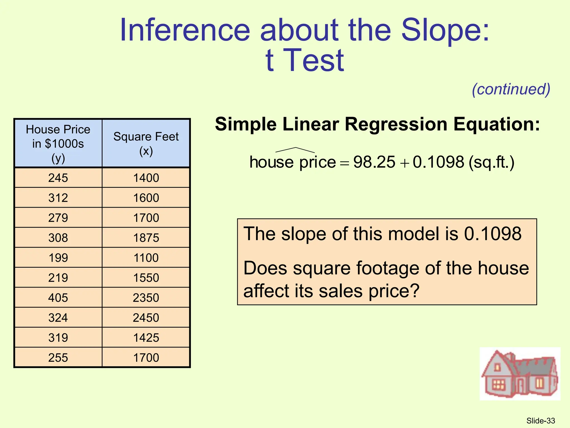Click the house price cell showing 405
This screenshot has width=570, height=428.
58,298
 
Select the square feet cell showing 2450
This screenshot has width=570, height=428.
146,318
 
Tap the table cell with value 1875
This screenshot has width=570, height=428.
146,238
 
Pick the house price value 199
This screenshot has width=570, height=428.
58,258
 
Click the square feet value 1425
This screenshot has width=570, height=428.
146,338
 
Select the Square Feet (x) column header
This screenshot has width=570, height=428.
146,143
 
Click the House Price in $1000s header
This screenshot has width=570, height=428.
58,143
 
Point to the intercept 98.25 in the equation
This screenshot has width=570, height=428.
374,162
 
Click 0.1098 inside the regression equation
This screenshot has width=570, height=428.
438,162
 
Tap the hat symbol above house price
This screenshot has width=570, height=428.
295,150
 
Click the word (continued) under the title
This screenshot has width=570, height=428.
511,89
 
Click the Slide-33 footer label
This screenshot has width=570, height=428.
540,421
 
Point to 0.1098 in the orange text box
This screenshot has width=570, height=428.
493,234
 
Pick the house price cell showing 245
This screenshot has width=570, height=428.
58,178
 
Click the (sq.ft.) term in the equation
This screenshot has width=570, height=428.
491,162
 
